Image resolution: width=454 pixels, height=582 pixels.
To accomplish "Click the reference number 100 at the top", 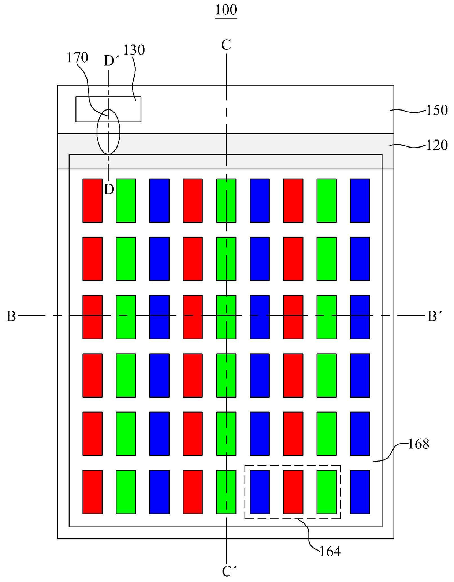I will (x=226, y=10).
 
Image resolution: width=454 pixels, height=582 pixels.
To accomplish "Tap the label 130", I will (x=134, y=50).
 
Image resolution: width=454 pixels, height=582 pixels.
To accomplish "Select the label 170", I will (x=77, y=58).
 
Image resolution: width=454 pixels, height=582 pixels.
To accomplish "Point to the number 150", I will (x=437, y=110).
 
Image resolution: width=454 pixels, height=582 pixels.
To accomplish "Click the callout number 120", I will (x=437, y=145).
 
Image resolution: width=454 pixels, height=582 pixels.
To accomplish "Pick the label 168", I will (x=418, y=444).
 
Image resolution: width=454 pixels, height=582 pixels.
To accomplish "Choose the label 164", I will (x=330, y=551).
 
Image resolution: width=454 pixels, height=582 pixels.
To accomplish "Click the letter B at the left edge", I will (x=11, y=316).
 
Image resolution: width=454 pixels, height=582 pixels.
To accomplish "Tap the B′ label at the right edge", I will (x=435, y=316).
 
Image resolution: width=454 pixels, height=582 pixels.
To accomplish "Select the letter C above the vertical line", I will (x=226, y=45).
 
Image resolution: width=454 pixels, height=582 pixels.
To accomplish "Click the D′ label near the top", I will (x=111, y=60).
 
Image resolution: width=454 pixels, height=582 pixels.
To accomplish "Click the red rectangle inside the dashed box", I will (x=293, y=492).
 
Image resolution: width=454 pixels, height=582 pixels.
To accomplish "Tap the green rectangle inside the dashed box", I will (x=327, y=492).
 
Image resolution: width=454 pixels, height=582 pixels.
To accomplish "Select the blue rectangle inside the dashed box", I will (x=260, y=492).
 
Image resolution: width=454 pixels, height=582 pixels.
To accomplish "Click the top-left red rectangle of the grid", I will (x=92, y=200).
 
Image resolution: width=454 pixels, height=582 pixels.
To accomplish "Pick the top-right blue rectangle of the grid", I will (x=360, y=200).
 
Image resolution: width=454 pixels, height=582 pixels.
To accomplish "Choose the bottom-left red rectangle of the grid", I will (x=92, y=492).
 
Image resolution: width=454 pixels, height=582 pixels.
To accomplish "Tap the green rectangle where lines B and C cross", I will (x=226, y=317).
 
